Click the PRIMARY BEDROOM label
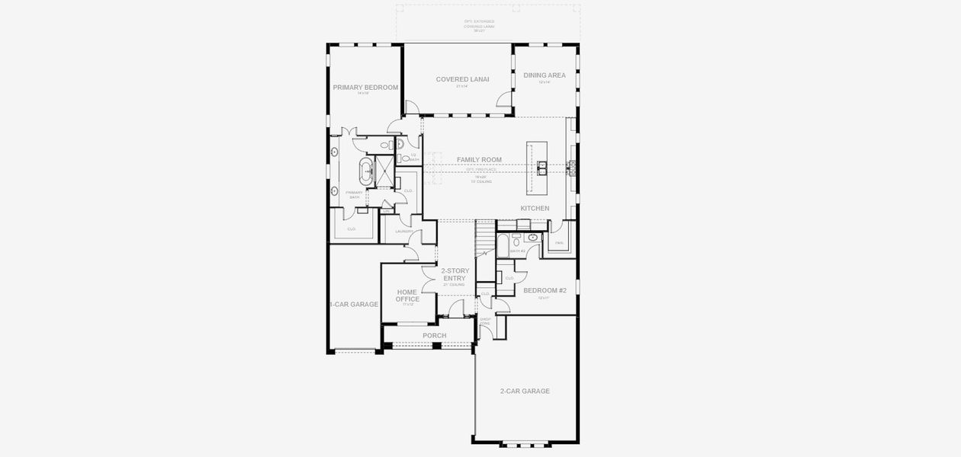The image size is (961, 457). (365, 88)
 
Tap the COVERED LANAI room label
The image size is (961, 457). (462, 79)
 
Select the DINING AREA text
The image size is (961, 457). (545, 75)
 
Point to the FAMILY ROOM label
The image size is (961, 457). (479, 160)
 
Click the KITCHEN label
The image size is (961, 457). (535, 208)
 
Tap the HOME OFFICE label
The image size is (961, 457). (407, 296)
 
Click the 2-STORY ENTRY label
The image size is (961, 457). (455, 274)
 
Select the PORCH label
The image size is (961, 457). (434, 335)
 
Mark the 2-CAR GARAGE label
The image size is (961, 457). (525, 391)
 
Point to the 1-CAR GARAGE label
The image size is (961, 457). (354, 304)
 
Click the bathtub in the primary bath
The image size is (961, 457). (365, 172)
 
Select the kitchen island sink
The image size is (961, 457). (542, 167)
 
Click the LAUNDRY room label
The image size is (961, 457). (404, 231)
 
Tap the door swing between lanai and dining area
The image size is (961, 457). (504, 100)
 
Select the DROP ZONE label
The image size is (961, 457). (485, 322)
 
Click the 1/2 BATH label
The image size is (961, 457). (413, 157)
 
